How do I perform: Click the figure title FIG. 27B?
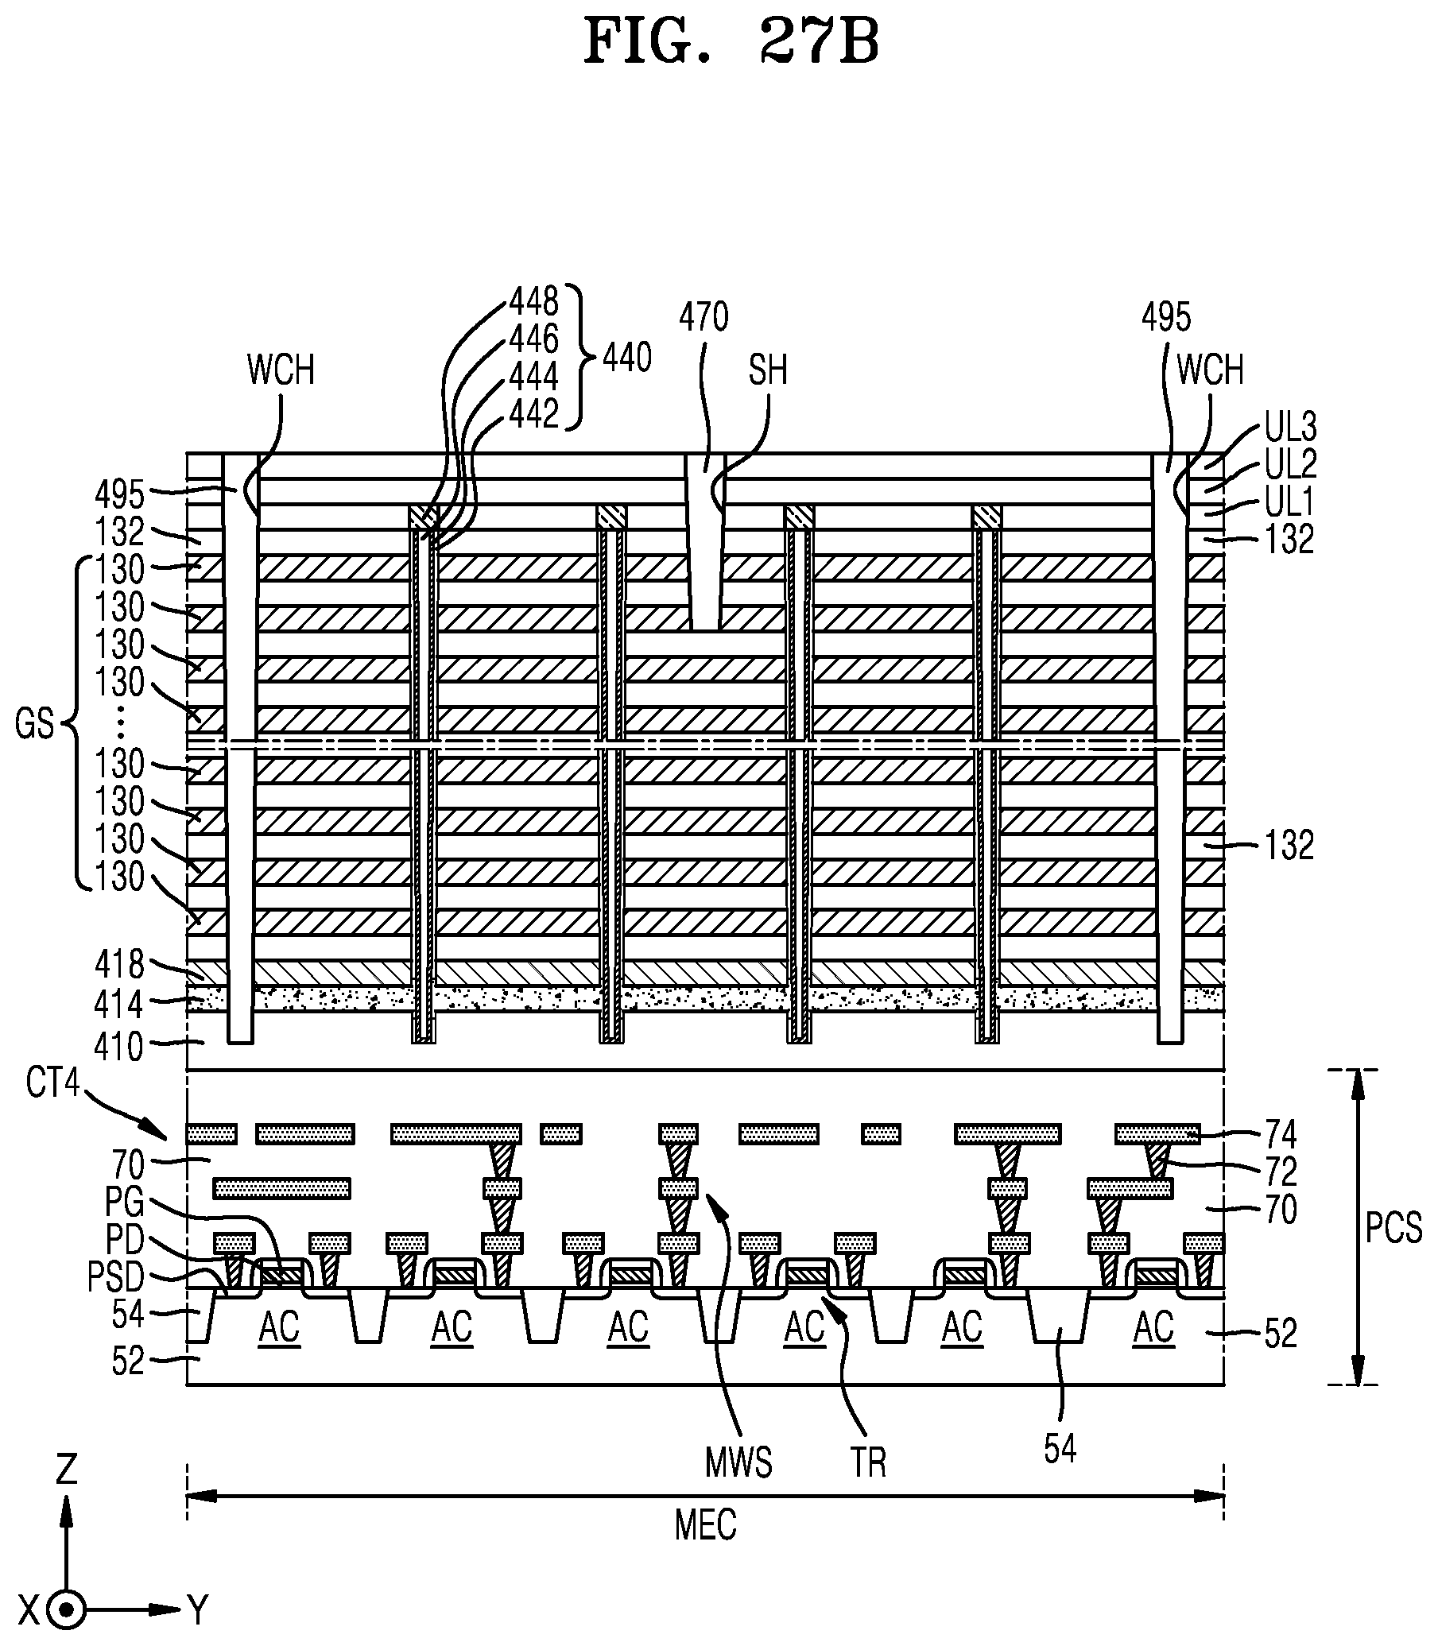click(x=731, y=41)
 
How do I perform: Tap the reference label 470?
click(x=703, y=317)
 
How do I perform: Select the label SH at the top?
click(x=768, y=370)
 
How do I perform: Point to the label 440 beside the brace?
click(x=626, y=357)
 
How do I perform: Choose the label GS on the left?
click(x=34, y=724)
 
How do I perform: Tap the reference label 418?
click(x=119, y=965)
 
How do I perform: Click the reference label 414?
click(x=119, y=1005)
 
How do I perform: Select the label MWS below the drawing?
click(x=738, y=1462)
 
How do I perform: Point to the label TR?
click(x=868, y=1462)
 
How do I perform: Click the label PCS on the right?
click(x=1393, y=1228)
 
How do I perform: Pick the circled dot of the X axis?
click(x=67, y=1609)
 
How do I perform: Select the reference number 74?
click(x=1281, y=1134)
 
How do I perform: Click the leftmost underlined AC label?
click(x=279, y=1328)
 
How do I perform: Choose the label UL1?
click(x=1289, y=502)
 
